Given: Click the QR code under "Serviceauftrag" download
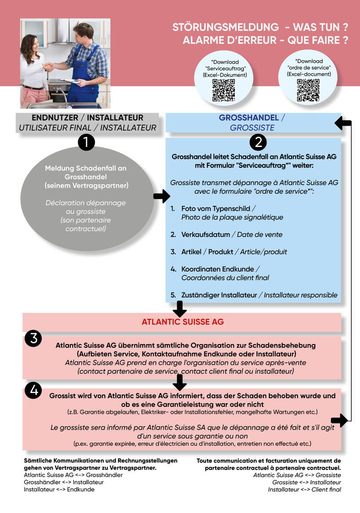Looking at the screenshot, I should [x=223, y=90].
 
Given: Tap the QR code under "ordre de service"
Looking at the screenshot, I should [x=308, y=90].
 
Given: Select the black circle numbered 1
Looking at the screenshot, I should [x=86, y=143].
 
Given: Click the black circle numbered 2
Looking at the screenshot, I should [x=258, y=142].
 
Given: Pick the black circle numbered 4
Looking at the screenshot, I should [x=34, y=390].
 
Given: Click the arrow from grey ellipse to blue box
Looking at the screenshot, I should [x=161, y=196].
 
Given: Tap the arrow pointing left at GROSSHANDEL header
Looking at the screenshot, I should [x=342, y=123].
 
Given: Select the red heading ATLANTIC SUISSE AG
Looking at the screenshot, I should [x=183, y=322].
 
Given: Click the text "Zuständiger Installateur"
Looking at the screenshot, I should [x=219, y=295].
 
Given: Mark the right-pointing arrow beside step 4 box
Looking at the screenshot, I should [x=339, y=420].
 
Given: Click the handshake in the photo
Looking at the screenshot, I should [x=50, y=67].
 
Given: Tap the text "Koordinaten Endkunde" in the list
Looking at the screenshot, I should [x=218, y=269].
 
